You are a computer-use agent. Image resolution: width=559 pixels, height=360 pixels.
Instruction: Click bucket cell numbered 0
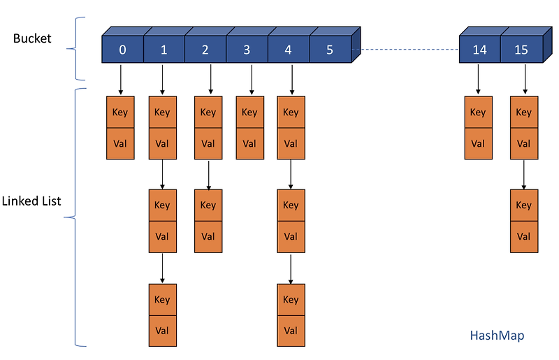pyautogui.click(x=122, y=50)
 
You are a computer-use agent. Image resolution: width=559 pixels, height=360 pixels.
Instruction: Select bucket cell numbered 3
pyautogui.click(x=247, y=50)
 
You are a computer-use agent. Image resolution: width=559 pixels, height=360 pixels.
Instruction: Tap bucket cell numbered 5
pyautogui.click(x=330, y=50)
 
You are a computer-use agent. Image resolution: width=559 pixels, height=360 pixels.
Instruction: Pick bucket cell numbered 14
pyautogui.click(x=479, y=50)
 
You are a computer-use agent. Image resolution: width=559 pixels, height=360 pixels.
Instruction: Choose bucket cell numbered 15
pyautogui.click(x=521, y=50)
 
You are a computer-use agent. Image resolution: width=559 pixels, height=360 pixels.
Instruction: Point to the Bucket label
pyautogui.click(x=32, y=38)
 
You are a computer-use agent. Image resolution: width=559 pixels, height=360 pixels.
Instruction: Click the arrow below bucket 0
pyautogui.click(x=121, y=79)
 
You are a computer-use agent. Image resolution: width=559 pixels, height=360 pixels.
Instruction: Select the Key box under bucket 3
pyautogui.click(x=249, y=113)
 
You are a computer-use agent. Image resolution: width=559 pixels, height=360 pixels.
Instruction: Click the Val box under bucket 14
pyautogui.click(x=478, y=144)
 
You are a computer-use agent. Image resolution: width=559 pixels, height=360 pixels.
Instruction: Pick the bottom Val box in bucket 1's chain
pyautogui.click(x=162, y=331)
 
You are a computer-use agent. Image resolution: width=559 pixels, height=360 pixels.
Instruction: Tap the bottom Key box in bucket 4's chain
pyautogui.click(x=291, y=300)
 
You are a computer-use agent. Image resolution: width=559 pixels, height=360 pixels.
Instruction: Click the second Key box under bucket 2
pyautogui.click(x=208, y=206)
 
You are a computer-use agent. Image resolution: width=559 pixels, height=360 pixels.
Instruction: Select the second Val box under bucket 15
pyautogui.click(x=523, y=237)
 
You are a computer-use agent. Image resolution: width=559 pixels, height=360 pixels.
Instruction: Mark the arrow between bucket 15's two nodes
pyautogui.click(x=523, y=175)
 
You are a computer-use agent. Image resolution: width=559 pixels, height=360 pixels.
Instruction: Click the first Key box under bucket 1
pyautogui.click(x=162, y=113)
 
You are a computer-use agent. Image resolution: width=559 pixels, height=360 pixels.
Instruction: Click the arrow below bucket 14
pyautogui.click(x=478, y=79)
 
